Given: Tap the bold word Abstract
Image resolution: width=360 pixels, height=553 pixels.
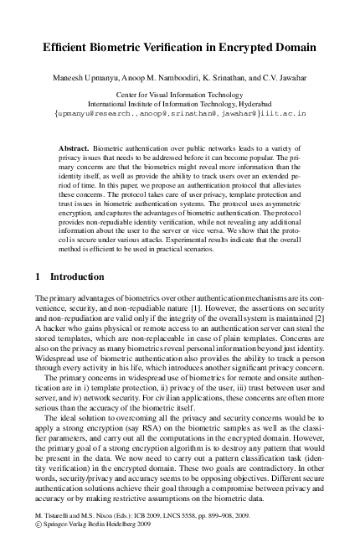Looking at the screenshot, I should [76, 147].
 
